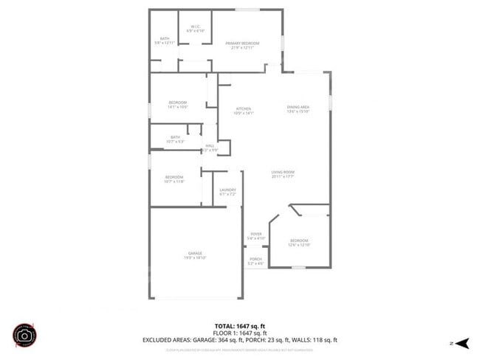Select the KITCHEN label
click(x=244, y=111)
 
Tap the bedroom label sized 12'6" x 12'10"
click(x=299, y=242)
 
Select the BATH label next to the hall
click(x=176, y=138)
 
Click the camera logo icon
click(x=24, y=336)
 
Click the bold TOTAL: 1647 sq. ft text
click(x=239, y=325)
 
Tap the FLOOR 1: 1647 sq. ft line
click(x=239, y=333)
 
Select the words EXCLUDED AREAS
click(x=167, y=340)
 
